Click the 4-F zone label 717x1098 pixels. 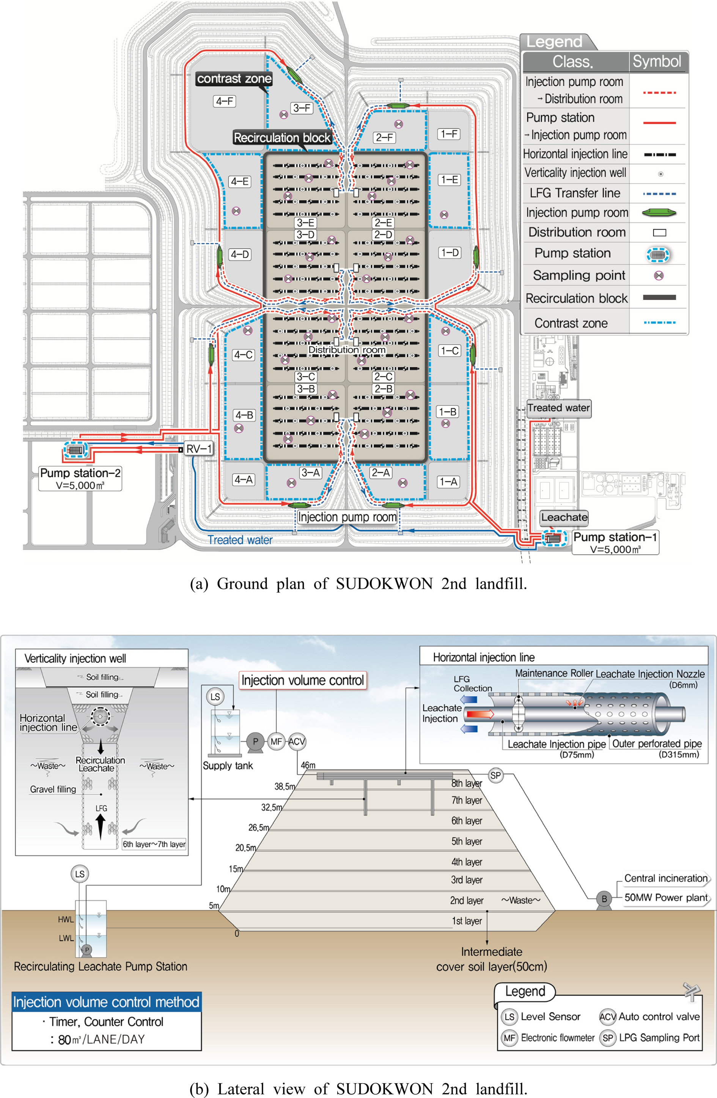225,101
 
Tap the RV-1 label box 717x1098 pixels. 199,449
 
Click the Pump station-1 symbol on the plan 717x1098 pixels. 553,538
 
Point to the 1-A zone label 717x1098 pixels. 448,482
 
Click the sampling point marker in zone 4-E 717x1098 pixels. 236,211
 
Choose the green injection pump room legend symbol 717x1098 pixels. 659,212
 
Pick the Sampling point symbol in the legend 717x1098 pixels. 659,276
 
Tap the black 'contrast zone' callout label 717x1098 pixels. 234,79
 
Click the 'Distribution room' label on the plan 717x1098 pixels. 347,350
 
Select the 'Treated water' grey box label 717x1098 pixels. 558,408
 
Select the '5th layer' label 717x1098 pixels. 467,841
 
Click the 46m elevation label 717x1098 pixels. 308,766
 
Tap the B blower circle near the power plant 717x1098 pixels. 604,899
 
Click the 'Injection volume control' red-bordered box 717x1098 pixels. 302,681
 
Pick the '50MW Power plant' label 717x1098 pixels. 665,898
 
